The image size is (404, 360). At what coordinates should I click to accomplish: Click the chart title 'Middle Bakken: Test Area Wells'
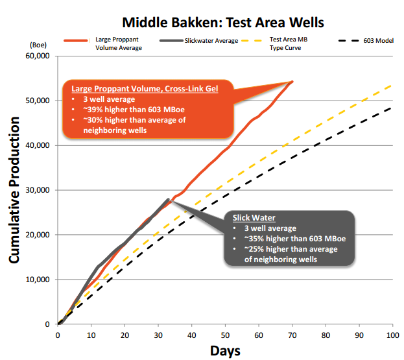(223, 23)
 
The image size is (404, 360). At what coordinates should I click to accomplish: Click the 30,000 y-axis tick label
(38, 190)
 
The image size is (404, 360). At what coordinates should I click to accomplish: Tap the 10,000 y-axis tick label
(38, 280)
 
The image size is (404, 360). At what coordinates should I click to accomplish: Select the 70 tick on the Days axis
(292, 335)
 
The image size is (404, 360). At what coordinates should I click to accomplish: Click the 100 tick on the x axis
(393, 335)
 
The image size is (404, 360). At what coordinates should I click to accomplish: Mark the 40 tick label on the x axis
(192, 335)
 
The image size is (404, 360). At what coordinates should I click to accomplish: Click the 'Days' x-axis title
(225, 351)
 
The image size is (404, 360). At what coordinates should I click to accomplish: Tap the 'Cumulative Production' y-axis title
(14, 190)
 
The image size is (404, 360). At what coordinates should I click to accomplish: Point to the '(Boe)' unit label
(38, 45)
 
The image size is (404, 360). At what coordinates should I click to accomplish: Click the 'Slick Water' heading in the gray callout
(254, 218)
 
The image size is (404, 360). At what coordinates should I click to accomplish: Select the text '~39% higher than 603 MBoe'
(134, 110)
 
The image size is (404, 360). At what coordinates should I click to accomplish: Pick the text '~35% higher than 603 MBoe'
(295, 239)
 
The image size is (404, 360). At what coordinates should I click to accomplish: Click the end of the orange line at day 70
(292, 82)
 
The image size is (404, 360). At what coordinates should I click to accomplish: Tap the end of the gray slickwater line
(169, 199)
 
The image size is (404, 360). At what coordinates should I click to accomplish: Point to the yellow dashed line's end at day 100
(392, 85)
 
